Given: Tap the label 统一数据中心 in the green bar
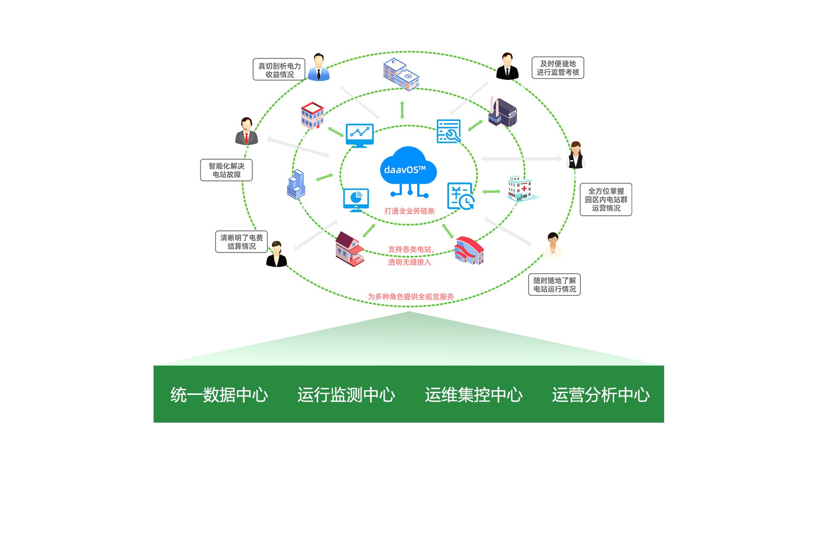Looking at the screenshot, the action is click(x=219, y=395).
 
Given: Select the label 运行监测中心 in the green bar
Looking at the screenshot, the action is click(x=346, y=395).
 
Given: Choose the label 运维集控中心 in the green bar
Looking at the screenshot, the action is click(x=473, y=395).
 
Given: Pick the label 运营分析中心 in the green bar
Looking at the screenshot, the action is click(x=601, y=395).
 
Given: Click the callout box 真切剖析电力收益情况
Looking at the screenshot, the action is click(x=279, y=70).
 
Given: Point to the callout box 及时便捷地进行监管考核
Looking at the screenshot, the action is click(x=558, y=68).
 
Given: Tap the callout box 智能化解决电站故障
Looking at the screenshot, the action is click(x=227, y=170).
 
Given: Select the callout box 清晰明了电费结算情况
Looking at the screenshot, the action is click(x=241, y=242).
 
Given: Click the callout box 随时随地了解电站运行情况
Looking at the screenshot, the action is click(x=555, y=284).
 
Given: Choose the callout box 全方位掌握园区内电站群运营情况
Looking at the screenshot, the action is click(x=606, y=199).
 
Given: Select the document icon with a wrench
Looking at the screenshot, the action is click(x=449, y=131).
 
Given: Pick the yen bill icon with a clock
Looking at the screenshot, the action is click(x=461, y=196).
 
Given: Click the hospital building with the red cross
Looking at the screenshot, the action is click(x=522, y=188).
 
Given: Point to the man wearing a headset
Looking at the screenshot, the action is click(x=247, y=131).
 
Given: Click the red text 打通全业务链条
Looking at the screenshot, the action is click(x=409, y=211).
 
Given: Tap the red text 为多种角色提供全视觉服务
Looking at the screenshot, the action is click(x=411, y=297).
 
